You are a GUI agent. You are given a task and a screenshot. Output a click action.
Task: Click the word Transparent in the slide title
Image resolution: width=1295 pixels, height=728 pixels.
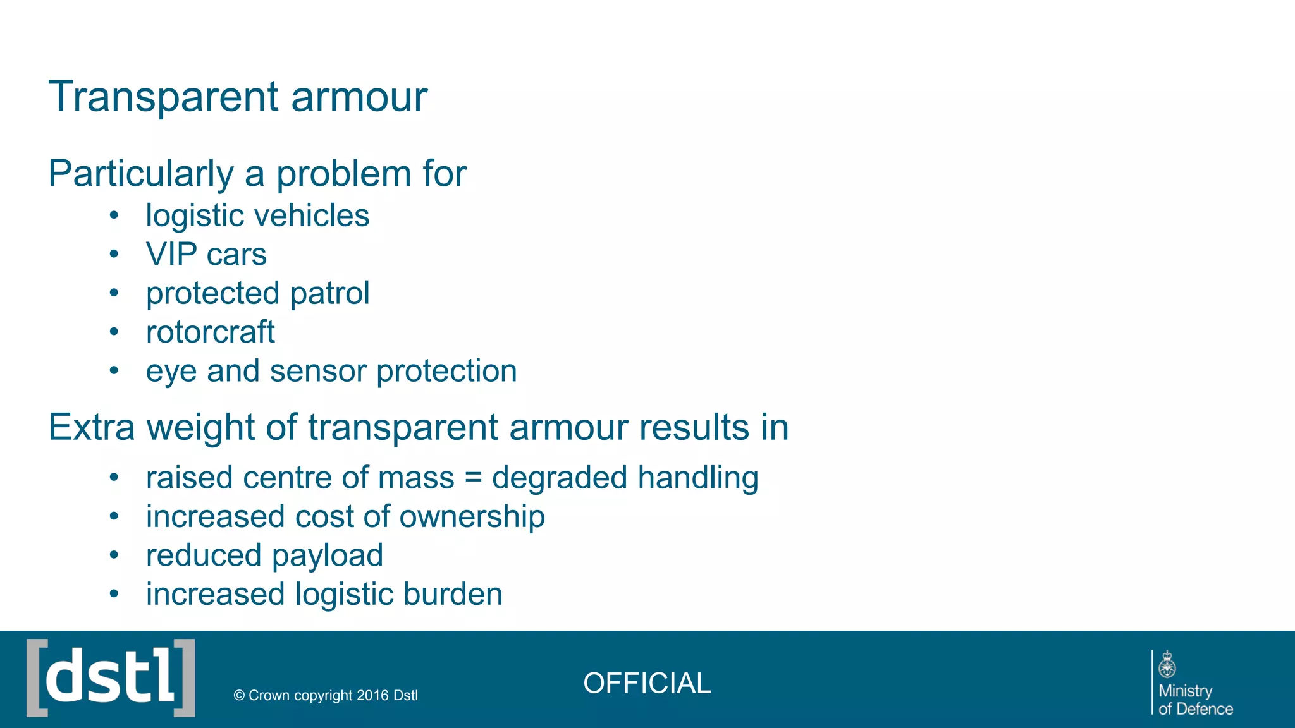(x=164, y=97)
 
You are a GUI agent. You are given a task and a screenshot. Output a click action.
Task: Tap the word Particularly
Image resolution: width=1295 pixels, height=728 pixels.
(x=141, y=174)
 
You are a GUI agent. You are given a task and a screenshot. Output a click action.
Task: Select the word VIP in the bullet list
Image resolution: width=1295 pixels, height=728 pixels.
(x=171, y=254)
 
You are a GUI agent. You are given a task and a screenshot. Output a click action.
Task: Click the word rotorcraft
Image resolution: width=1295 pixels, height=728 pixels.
(x=210, y=332)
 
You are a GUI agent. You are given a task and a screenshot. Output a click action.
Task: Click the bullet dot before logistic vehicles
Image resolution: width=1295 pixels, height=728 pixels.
(x=114, y=215)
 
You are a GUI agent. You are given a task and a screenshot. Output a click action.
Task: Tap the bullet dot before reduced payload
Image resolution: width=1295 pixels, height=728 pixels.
(x=114, y=555)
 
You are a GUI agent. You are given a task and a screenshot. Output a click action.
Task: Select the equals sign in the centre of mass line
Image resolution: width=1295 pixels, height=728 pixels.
(x=473, y=478)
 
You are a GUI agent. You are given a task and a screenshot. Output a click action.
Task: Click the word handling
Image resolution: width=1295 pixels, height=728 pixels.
(x=697, y=478)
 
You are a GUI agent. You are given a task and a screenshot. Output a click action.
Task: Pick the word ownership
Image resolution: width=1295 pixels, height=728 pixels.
(x=472, y=517)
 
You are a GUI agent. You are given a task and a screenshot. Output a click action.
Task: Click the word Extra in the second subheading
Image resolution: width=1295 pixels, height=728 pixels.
(x=92, y=427)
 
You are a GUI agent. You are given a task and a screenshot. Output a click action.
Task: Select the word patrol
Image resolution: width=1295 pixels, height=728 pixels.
(x=329, y=293)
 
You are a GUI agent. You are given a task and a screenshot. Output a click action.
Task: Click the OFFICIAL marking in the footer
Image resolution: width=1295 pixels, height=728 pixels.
(x=647, y=683)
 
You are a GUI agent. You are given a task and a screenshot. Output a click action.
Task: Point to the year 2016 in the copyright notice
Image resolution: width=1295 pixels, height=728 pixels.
(x=372, y=696)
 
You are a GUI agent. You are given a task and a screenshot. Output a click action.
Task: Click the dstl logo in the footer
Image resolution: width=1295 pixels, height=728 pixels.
(x=111, y=678)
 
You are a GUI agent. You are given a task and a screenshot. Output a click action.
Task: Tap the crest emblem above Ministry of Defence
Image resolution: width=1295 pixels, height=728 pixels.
(x=1167, y=665)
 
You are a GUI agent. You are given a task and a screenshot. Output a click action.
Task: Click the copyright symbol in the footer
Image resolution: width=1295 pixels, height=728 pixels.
(x=239, y=696)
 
